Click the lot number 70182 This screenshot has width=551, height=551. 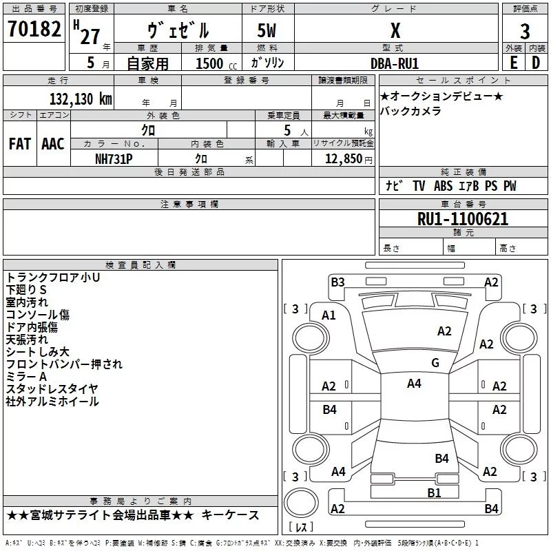point(34,29)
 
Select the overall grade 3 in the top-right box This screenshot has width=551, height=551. point(525,32)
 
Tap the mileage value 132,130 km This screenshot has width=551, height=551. point(81,99)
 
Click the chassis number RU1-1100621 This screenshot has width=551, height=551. point(463,219)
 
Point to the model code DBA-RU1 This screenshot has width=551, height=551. point(395,63)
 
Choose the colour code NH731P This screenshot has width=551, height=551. point(114,159)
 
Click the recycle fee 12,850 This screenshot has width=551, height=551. point(344,159)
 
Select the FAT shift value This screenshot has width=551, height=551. point(20,144)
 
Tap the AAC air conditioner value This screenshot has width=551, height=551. point(53,144)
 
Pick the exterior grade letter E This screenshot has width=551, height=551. point(514,63)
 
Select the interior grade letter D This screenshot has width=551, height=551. point(536,63)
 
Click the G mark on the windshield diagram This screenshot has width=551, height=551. point(435,363)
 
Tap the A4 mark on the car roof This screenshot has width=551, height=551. point(414,384)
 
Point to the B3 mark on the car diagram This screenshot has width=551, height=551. point(337,282)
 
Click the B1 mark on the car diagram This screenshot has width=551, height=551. point(434,493)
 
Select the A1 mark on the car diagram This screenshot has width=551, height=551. point(329,315)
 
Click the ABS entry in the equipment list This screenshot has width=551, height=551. point(443,186)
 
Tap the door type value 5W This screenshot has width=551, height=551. point(267,30)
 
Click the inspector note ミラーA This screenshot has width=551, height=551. point(26,377)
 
